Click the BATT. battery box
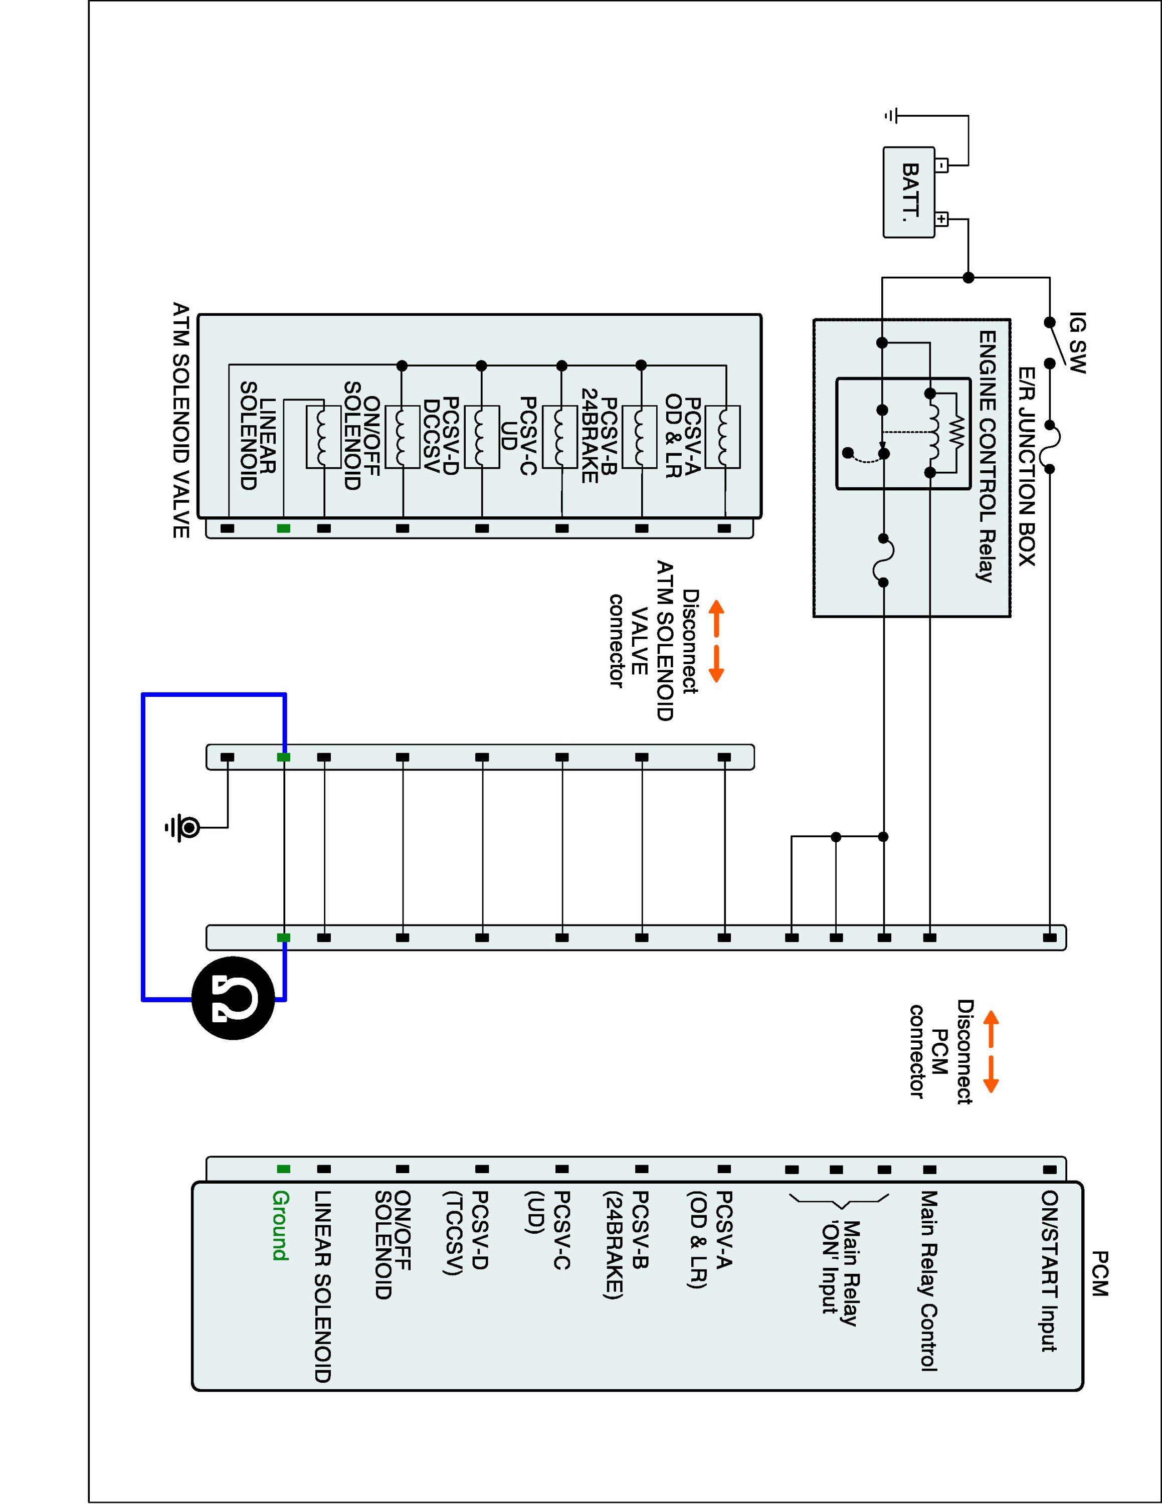coord(909,192)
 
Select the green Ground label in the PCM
coord(281,1226)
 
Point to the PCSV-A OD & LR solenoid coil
coord(723,437)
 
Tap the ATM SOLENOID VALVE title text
coord(180,420)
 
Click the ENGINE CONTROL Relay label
coord(987,457)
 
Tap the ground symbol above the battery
coord(891,116)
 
